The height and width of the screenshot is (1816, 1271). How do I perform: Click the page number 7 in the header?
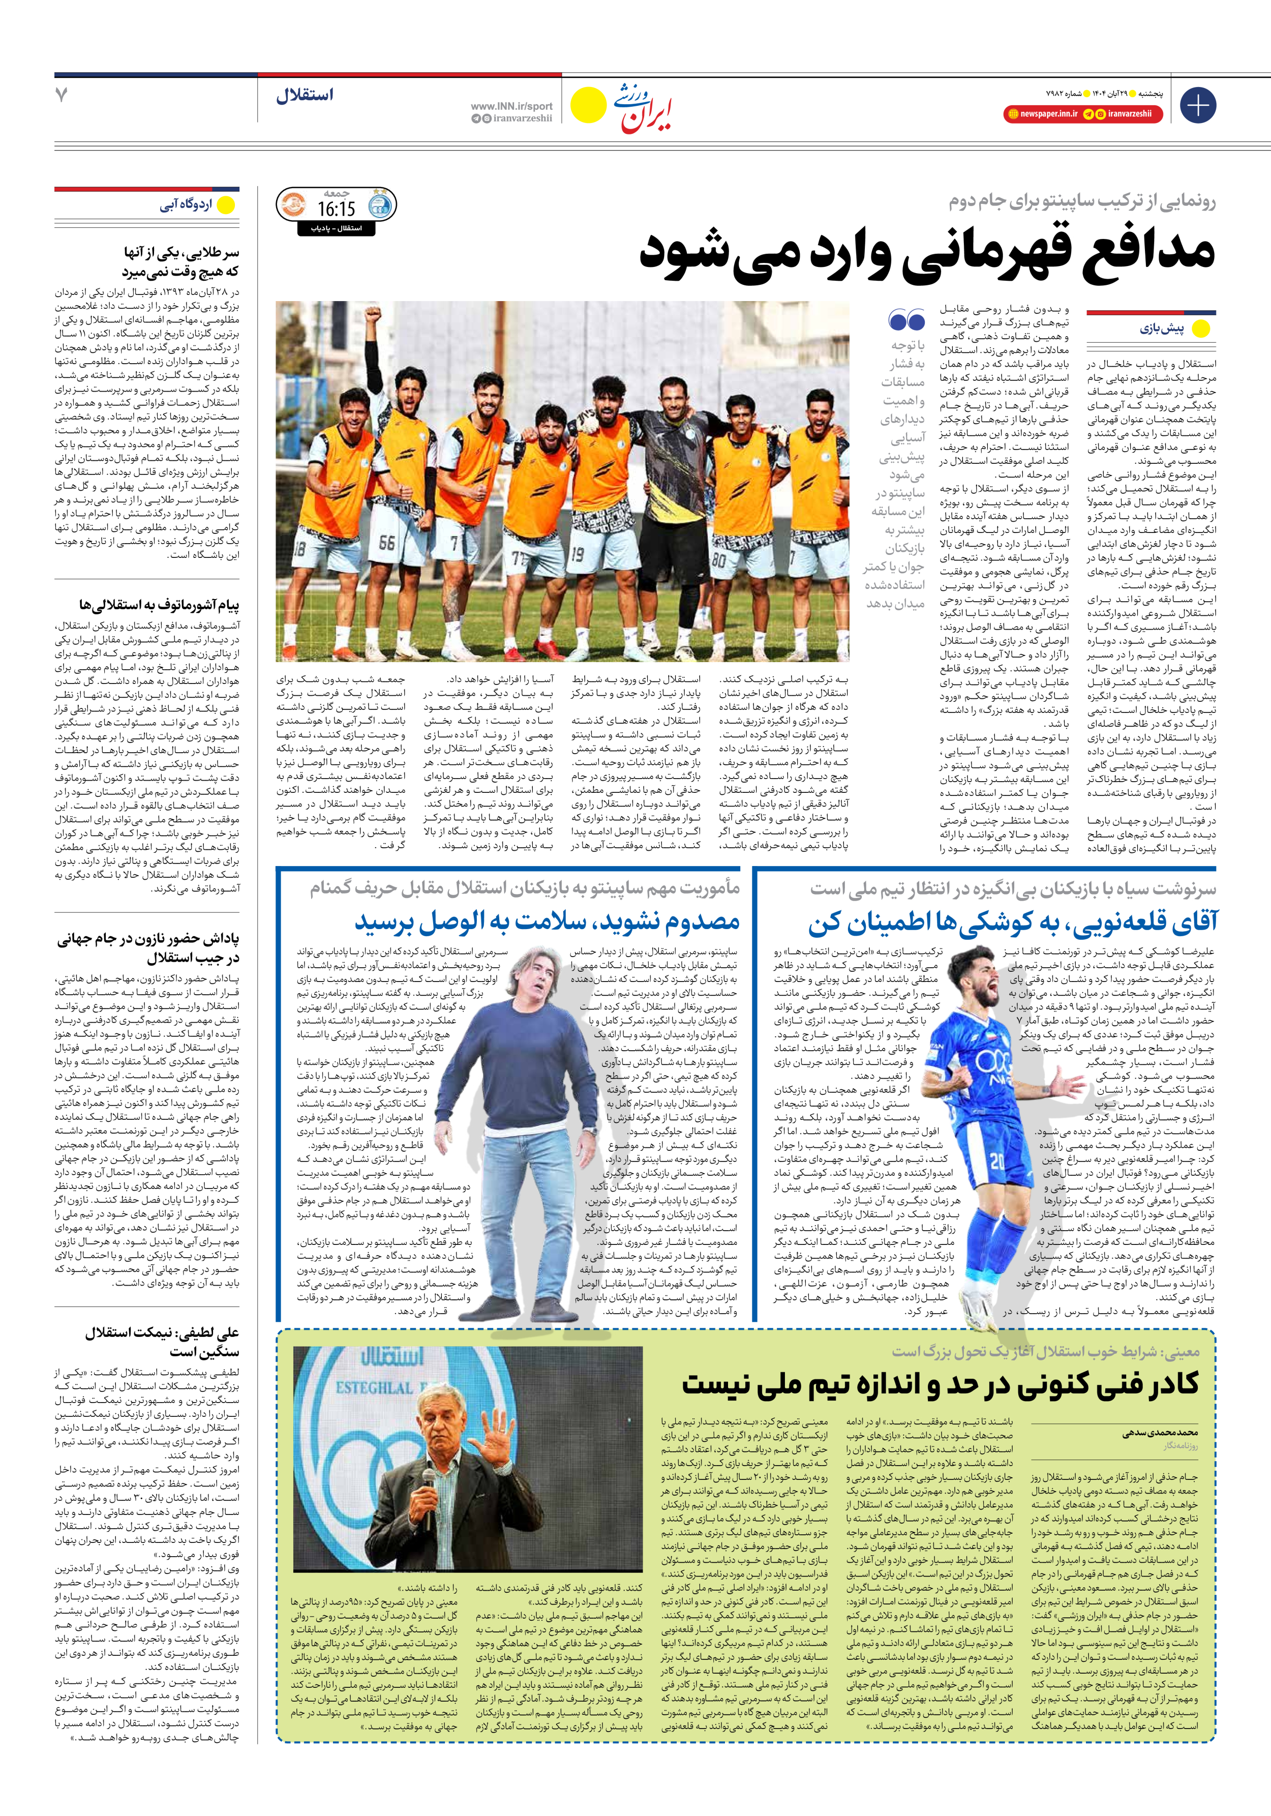(x=62, y=95)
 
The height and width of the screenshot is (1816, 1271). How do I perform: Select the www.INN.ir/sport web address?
(x=512, y=106)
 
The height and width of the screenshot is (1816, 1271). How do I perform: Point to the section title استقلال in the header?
(x=305, y=96)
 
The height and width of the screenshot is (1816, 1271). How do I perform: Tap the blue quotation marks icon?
(x=906, y=320)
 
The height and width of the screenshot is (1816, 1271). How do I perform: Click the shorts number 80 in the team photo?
(x=719, y=557)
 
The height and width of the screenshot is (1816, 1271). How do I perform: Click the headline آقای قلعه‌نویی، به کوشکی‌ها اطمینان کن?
(x=1012, y=922)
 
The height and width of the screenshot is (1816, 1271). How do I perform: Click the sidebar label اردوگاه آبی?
(x=186, y=205)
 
